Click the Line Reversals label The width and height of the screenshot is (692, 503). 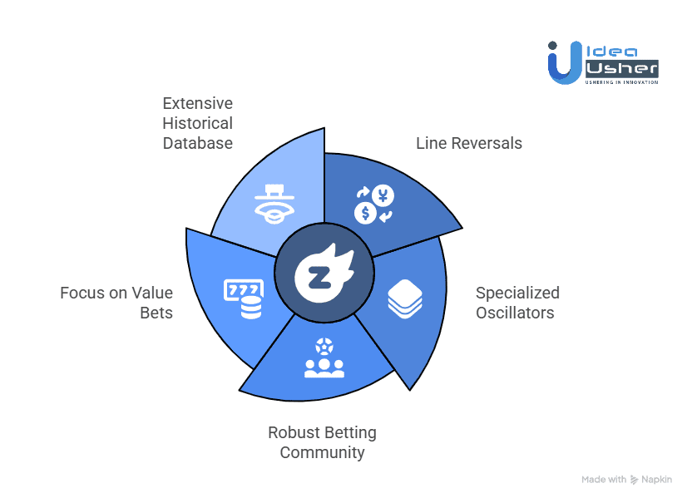(x=469, y=143)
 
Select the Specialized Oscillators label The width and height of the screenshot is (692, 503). (x=517, y=303)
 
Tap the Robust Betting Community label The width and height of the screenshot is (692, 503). (x=322, y=442)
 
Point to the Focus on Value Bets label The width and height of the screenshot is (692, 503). (x=116, y=303)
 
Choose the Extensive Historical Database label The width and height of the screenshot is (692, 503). (x=197, y=123)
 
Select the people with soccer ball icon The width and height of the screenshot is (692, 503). (x=324, y=358)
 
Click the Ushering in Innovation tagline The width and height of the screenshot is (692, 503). (x=621, y=81)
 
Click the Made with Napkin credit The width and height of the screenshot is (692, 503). (x=627, y=480)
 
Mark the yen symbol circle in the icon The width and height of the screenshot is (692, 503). (x=383, y=196)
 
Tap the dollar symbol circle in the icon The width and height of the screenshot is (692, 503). (x=364, y=214)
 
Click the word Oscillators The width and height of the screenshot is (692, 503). (x=515, y=313)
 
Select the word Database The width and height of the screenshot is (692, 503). (x=197, y=143)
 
